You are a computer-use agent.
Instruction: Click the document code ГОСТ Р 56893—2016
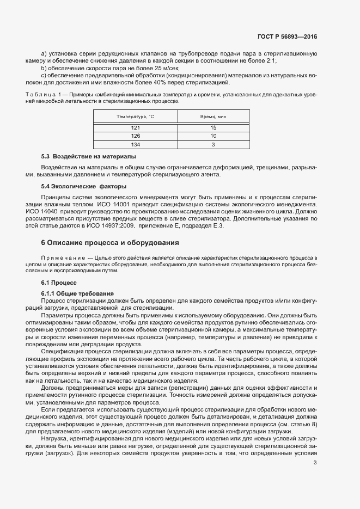[x=287, y=36]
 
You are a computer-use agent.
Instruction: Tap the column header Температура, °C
[x=135, y=116]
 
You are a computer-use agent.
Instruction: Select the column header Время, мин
[x=213, y=116]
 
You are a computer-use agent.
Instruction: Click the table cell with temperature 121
[x=135, y=127]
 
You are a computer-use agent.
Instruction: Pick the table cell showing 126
[x=135, y=136]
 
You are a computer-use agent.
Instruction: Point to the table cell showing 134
[x=135, y=144]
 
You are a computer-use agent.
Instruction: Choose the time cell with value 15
[x=213, y=127]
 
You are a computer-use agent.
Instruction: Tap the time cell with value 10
[x=213, y=136]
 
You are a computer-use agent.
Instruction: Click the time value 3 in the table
[x=213, y=144]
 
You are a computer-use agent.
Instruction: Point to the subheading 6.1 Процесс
[x=59, y=284]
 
